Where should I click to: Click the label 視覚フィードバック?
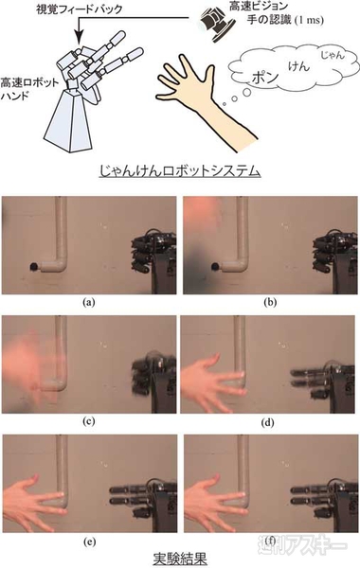(x=80, y=9)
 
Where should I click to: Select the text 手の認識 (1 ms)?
(x=285, y=19)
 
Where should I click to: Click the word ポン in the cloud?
(x=265, y=77)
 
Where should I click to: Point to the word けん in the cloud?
(x=298, y=66)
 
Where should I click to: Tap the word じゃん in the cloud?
(x=333, y=56)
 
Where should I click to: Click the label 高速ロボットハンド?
(x=29, y=89)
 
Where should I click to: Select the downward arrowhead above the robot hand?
(x=80, y=36)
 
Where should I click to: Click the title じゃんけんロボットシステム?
(x=180, y=170)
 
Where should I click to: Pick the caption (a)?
(x=89, y=301)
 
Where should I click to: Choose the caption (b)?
(x=270, y=301)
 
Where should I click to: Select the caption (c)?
(x=89, y=421)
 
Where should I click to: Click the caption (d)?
(x=267, y=421)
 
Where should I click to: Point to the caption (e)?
(x=89, y=541)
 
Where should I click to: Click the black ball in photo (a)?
(x=34, y=267)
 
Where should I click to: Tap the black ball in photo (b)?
(x=215, y=267)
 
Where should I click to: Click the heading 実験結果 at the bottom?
(x=179, y=559)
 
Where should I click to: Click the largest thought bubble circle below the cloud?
(x=246, y=93)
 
